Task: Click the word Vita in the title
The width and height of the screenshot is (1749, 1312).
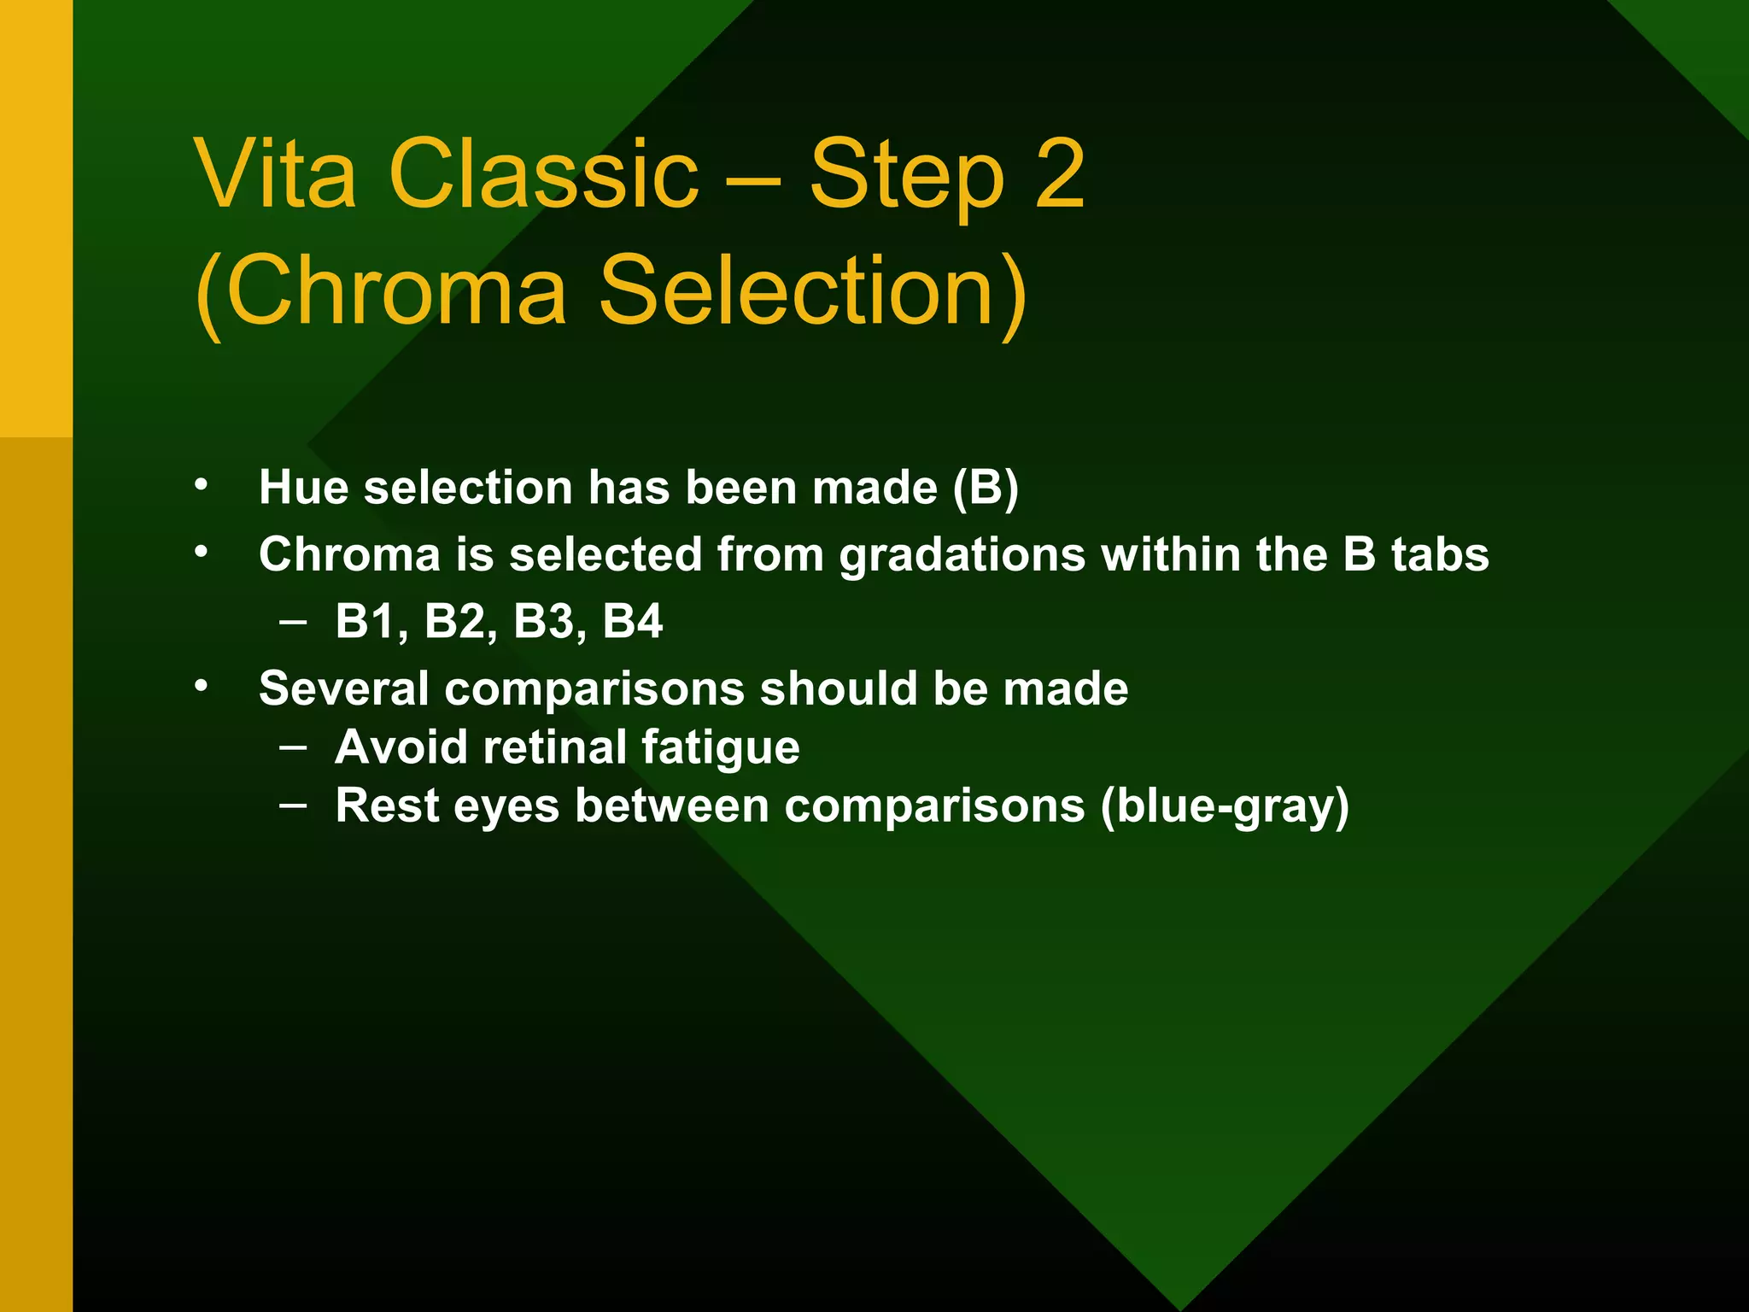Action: [x=275, y=174]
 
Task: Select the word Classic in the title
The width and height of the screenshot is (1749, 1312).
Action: [x=543, y=174]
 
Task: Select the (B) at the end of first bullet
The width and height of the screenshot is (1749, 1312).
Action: [x=986, y=488]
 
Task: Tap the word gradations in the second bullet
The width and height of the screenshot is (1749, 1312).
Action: [x=962, y=555]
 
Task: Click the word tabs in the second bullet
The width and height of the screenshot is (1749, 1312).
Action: [x=1440, y=554]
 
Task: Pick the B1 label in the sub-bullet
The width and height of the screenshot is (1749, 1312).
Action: [x=366, y=622]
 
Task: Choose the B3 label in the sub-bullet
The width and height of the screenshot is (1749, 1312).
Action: [x=543, y=622]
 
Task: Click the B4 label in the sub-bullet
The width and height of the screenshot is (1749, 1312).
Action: [x=632, y=622]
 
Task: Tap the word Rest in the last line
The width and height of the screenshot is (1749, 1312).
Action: [x=386, y=805]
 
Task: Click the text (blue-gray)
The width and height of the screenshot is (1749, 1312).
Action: [x=1225, y=806]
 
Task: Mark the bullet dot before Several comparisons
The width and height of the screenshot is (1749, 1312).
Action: [x=201, y=685]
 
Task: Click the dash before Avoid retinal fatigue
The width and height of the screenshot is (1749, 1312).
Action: [x=293, y=747]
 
